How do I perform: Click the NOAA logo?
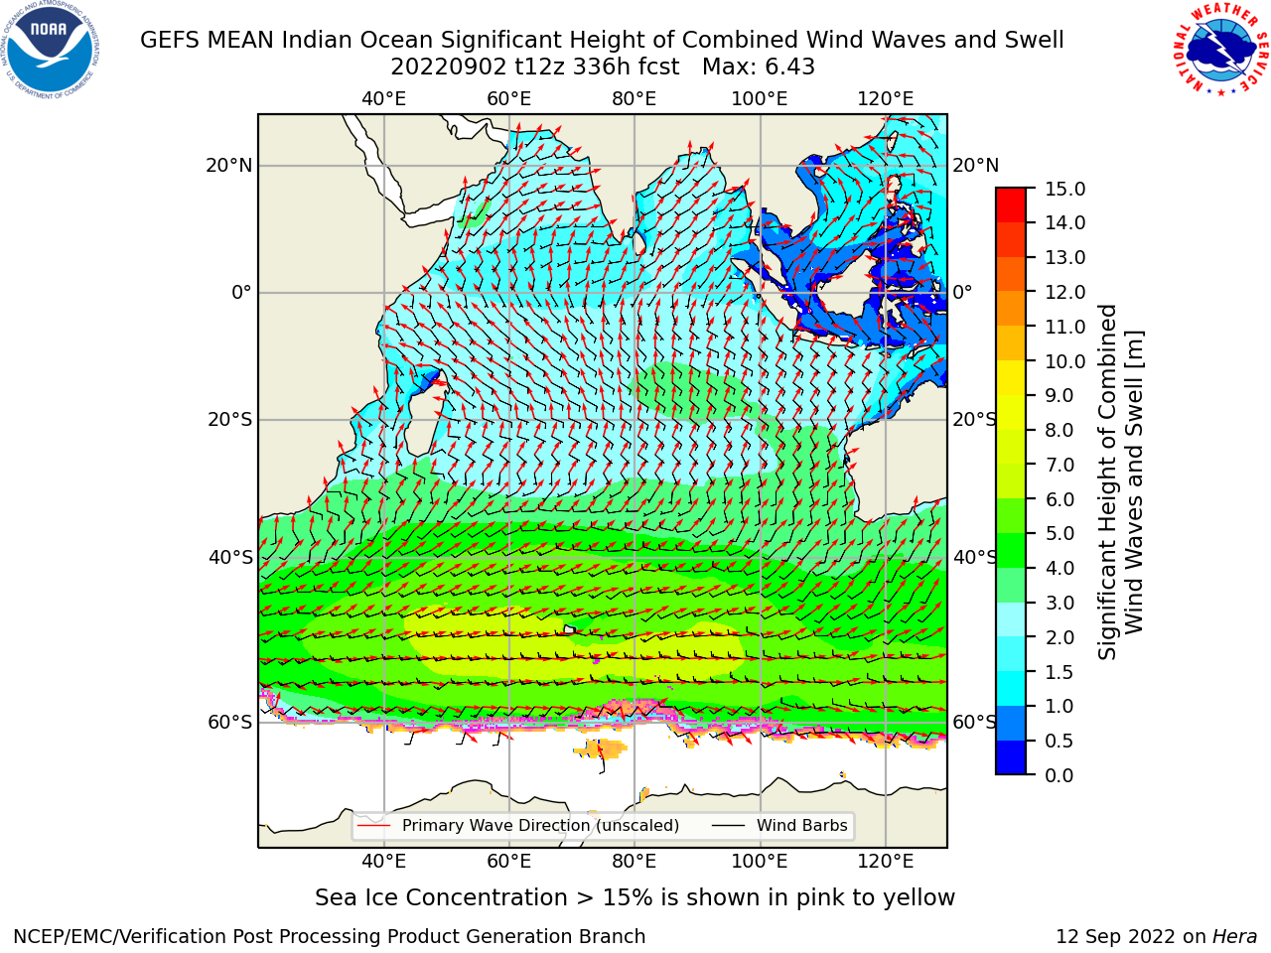[51, 51]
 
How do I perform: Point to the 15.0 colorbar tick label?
[1064, 189]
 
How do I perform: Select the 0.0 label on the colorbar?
[1059, 775]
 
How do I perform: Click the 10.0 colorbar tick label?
[1064, 361]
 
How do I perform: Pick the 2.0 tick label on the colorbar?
[1059, 637]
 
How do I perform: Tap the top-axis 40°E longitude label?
[383, 99]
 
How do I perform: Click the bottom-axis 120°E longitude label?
[886, 862]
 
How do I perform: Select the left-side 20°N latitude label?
[229, 166]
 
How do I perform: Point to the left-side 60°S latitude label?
[230, 722]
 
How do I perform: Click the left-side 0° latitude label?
[242, 292]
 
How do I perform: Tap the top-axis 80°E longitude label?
[635, 99]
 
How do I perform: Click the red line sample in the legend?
[374, 825]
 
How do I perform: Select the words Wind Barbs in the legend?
[802, 825]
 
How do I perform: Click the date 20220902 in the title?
[449, 68]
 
